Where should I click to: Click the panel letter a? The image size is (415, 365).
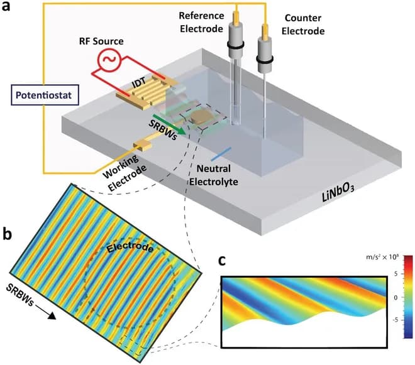[8, 9]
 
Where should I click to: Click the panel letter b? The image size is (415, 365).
[9, 235]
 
